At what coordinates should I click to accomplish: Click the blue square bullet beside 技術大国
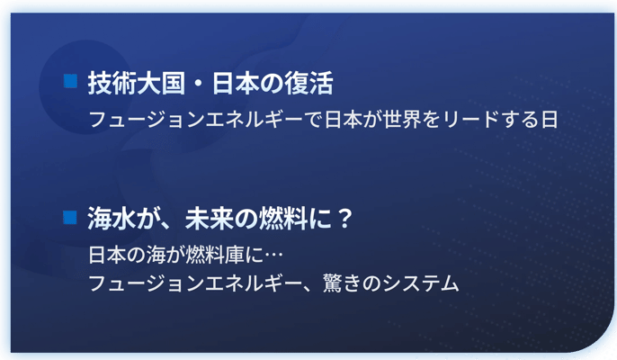click(x=70, y=81)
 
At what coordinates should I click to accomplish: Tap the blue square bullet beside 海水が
click(x=70, y=217)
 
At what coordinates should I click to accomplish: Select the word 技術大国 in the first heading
click(x=137, y=84)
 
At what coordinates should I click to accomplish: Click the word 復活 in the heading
click(x=309, y=84)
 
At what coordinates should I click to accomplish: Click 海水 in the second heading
click(x=112, y=219)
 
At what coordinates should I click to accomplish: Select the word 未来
click(x=209, y=219)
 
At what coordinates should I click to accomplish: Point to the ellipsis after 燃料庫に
click(x=273, y=256)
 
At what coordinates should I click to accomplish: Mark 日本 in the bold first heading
click(x=236, y=84)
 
